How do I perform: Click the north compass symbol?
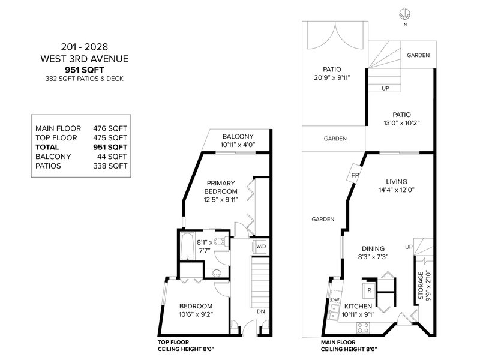[404, 14]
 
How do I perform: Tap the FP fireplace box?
[355, 175]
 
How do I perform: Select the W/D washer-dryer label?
[261, 247]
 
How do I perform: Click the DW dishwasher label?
[335, 299]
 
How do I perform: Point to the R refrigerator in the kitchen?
[369, 290]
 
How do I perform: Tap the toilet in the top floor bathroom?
[221, 242]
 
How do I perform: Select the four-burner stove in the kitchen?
[364, 328]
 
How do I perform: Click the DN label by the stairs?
[261, 311]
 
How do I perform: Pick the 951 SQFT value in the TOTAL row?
[110, 147]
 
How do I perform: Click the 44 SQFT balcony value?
[112, 157]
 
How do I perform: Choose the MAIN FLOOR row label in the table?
[58, 128]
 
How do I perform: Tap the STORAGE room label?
[421, 286]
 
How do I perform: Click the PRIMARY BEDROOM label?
[221, 187]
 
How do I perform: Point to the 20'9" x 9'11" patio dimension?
[332, 78]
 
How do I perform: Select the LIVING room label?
[397, 182]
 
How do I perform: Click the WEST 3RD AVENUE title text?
[85, 59]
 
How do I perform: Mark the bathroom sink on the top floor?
[217, 272]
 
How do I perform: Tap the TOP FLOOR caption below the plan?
[173, 342]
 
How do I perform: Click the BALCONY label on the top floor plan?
[238, 137]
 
